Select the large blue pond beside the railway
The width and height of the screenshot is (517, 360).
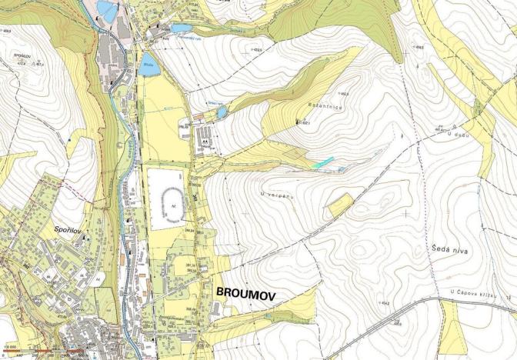[150, 64]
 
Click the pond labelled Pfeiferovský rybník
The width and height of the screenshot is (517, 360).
[181, 28]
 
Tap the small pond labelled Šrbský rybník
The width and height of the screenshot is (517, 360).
[222, 112]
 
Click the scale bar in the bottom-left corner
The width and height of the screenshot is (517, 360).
[46, 353]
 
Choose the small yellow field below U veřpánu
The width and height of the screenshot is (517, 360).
[339, 205]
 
